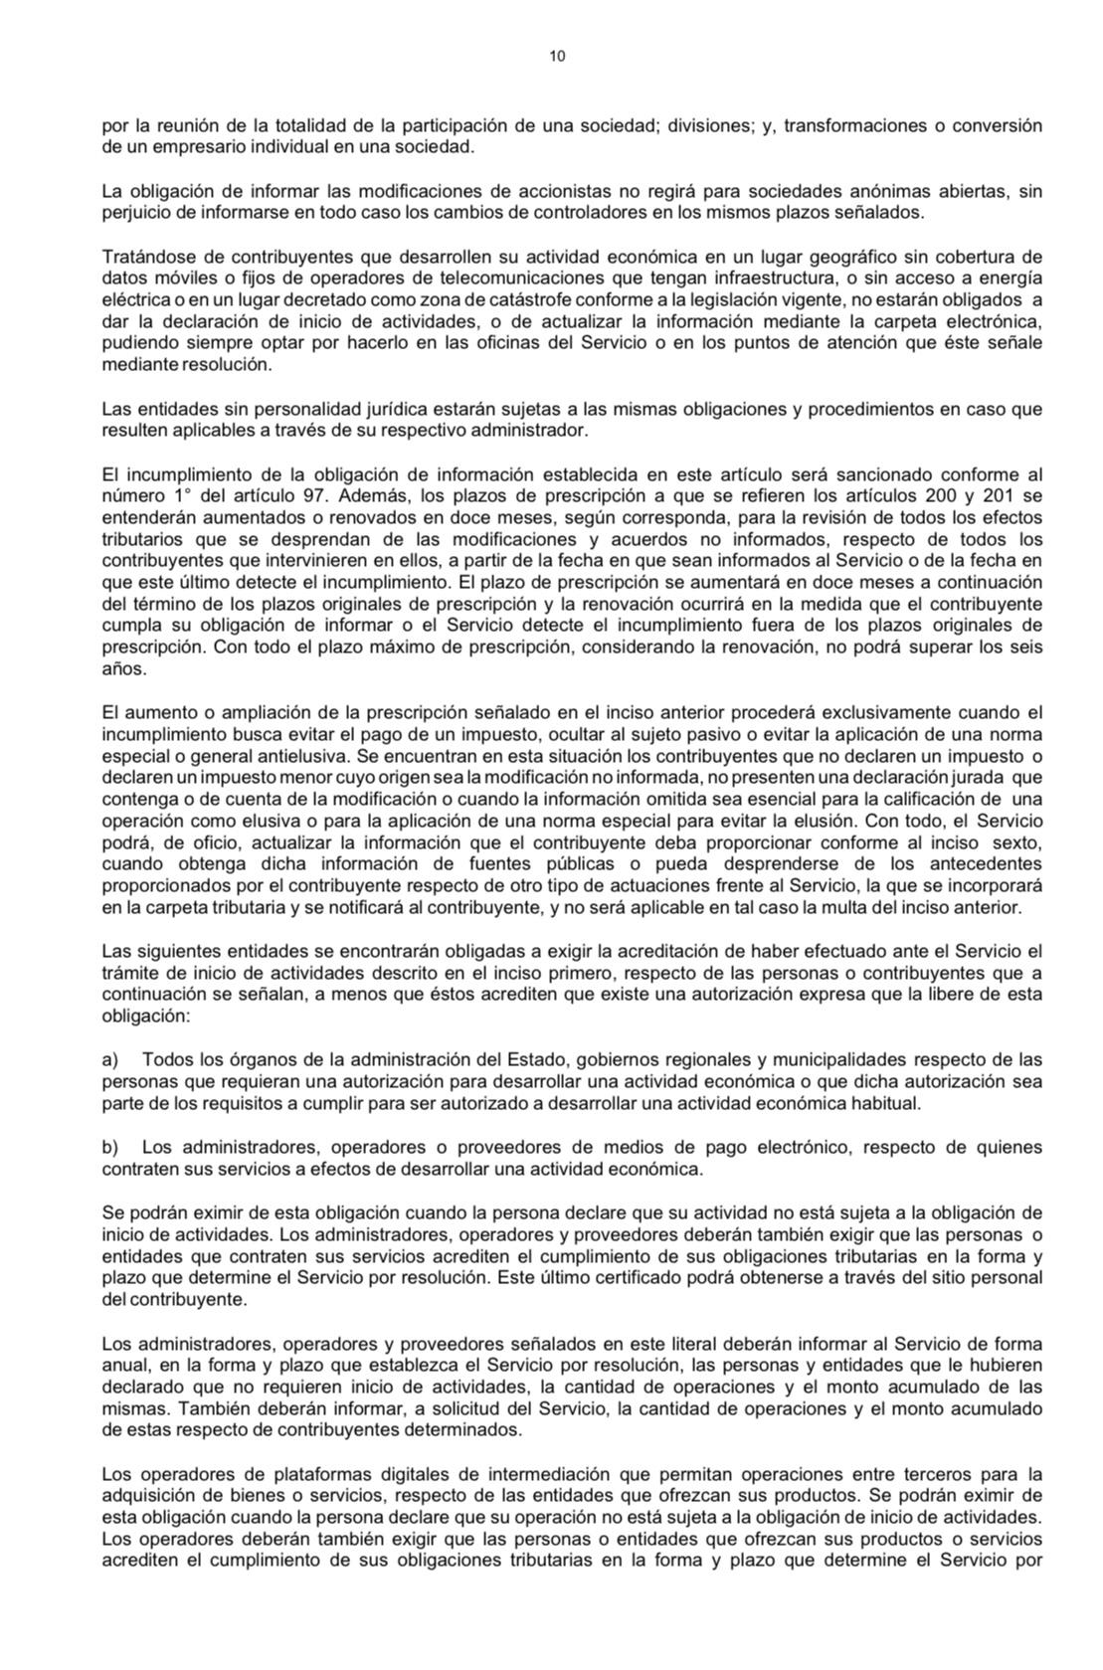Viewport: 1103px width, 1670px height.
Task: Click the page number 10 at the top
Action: (x=557, y=57)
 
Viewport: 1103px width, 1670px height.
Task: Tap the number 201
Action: (x=998, y=495)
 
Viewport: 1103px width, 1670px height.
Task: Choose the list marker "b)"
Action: (x=110, y=1147)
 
